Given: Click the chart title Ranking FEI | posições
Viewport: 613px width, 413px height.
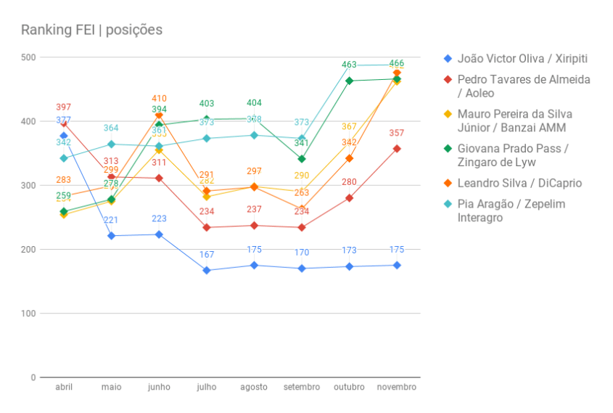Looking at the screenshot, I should [91, 30].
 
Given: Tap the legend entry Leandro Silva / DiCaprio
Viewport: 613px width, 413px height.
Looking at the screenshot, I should [519, 184].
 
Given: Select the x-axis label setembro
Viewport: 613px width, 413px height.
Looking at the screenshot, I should [302, 388].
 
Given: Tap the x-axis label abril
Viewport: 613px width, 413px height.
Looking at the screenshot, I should [64, 388].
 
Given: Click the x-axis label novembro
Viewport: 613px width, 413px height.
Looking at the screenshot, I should [397, 388].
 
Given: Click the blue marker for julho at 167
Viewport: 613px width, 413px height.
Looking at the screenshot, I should [207, 270].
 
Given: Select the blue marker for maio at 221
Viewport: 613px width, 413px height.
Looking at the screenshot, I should [112, 236].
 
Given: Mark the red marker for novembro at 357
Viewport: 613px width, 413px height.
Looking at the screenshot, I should [397, 149].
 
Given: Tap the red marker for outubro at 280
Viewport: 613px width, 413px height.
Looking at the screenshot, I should [349, 198].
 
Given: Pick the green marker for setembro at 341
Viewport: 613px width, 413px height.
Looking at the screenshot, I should [302, 159].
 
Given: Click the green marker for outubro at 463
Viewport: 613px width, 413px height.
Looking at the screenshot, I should [349, 81].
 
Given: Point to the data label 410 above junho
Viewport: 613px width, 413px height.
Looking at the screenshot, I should [159, 98].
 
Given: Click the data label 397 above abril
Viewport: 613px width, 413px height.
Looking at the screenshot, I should [64, 107].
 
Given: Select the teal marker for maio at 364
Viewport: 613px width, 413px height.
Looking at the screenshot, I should [112, 144].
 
